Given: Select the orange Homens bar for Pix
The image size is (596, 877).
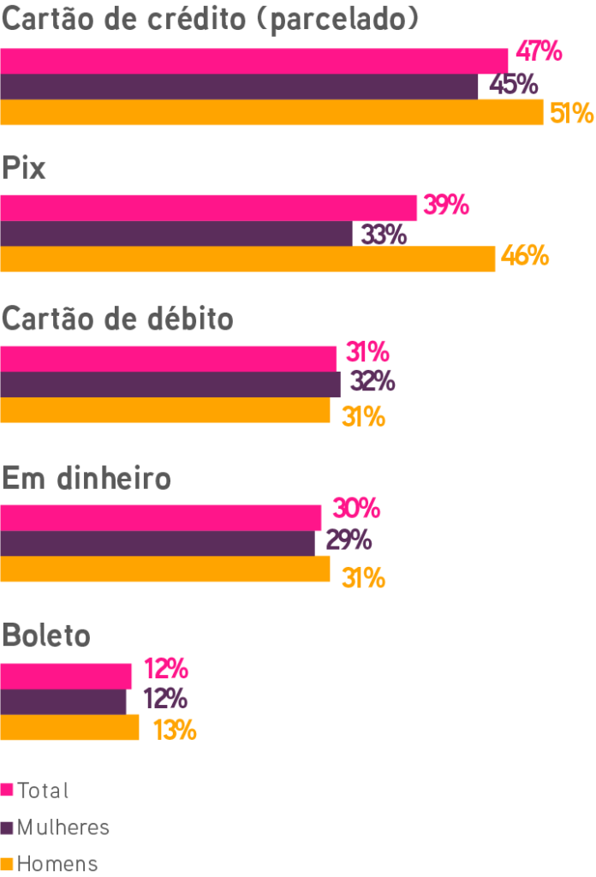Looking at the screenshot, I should coord(247,259).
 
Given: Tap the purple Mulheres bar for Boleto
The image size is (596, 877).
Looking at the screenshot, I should coord(63,701).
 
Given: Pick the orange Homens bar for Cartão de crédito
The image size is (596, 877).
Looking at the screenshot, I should coord(271,113).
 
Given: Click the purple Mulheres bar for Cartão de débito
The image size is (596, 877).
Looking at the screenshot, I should coord(170,384).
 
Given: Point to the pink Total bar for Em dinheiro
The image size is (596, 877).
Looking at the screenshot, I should coord(161,518).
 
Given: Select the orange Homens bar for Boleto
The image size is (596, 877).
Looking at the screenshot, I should coord(70,728).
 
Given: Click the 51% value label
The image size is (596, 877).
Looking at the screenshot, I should coord(572,113).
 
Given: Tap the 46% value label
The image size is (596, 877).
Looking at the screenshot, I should coord(524,256).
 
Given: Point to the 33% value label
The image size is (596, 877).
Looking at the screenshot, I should coord(383,234).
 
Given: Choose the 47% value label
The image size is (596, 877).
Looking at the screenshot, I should coord(539,51).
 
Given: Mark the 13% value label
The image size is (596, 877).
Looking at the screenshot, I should coord(175,731).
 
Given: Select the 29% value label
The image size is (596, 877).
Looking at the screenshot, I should coord(348,540).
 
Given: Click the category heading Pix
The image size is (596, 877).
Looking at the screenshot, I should coord(24,168).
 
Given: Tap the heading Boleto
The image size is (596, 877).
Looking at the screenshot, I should coord(46,636).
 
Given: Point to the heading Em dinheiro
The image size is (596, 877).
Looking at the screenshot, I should coord(86,478).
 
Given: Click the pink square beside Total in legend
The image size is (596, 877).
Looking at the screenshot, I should coord(7,790).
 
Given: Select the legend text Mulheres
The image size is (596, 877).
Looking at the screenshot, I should coord(63,827).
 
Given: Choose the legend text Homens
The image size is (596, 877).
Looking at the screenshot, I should coord(57,863).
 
